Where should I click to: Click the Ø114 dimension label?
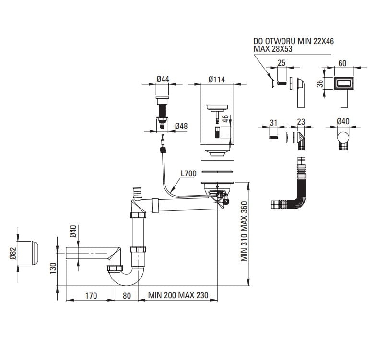[217, 80]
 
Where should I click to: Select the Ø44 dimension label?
[163, 79]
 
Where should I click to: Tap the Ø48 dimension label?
[181, 126]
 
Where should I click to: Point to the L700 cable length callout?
[189, 174]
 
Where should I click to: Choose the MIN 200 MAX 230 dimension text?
[178, 295]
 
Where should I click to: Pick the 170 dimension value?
[91, 296]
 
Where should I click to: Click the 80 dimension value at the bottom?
[127, 296]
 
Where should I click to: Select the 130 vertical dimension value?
[53, 268]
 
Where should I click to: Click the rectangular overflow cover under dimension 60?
[343, 83]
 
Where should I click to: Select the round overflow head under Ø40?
[343, 137]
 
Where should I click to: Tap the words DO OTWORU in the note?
[274, 41]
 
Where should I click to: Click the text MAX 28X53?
[273, 49]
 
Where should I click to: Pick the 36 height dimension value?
[320, 83]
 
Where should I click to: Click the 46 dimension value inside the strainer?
[225, 119]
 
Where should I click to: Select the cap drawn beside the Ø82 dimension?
[34, 253]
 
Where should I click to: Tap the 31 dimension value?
[273, 123]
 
